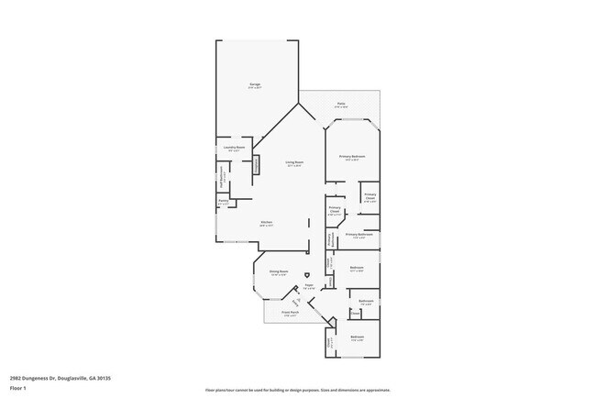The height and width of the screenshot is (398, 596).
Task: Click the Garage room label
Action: [254, 85]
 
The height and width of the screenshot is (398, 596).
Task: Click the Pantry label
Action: [223, 202]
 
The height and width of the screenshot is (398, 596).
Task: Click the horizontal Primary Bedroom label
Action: [354, 157]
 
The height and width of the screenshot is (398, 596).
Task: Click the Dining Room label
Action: [279, 272]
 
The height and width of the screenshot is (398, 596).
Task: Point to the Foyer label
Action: [309, 286]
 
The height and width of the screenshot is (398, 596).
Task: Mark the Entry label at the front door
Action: [297, 304]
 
